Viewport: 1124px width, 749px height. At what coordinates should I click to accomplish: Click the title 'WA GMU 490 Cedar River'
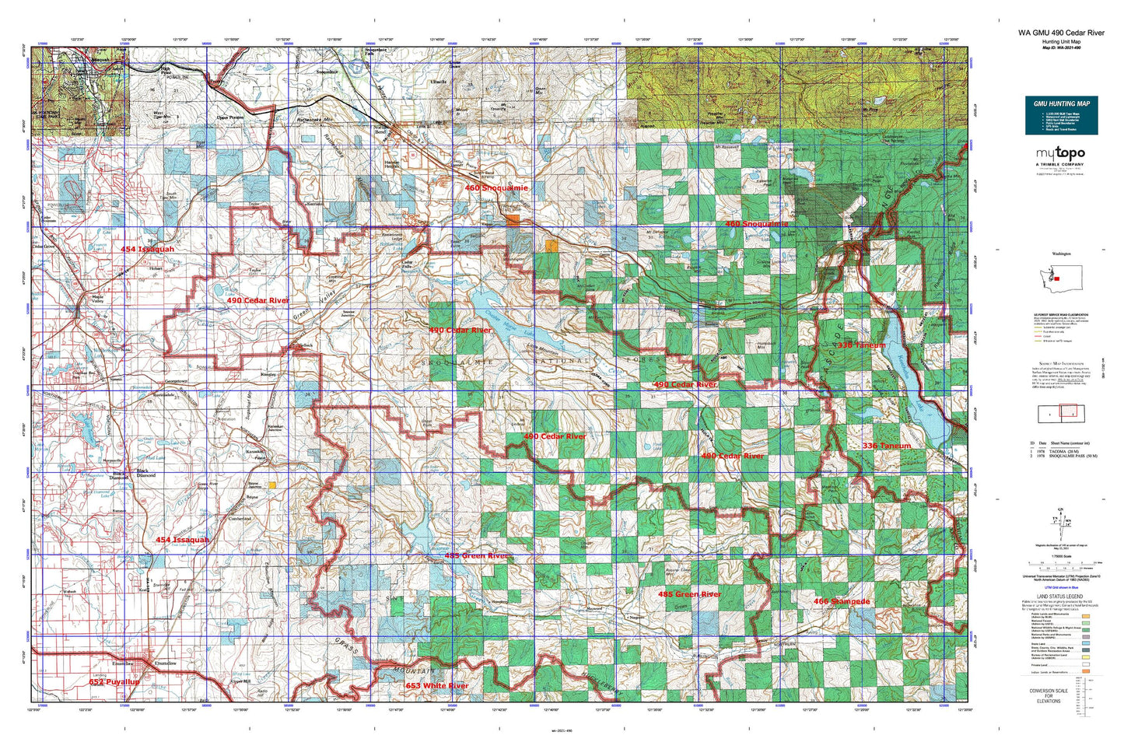click(1061, 33)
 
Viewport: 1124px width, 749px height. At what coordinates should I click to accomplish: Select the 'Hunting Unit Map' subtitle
click(1061, 41)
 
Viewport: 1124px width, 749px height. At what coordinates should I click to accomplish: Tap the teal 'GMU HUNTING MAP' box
click(1061, 115)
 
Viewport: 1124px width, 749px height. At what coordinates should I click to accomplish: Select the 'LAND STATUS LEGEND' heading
click(1060, 596)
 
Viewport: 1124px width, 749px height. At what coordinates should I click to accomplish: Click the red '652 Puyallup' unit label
click(114, 681)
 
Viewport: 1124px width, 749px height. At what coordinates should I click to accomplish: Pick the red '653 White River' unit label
click(436, 685)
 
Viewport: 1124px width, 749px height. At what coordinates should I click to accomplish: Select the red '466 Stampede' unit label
click(842, 601)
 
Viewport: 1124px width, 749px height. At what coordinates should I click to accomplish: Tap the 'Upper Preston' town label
click(231, 119)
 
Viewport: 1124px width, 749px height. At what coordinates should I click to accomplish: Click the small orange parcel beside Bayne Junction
click(271, 485)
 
